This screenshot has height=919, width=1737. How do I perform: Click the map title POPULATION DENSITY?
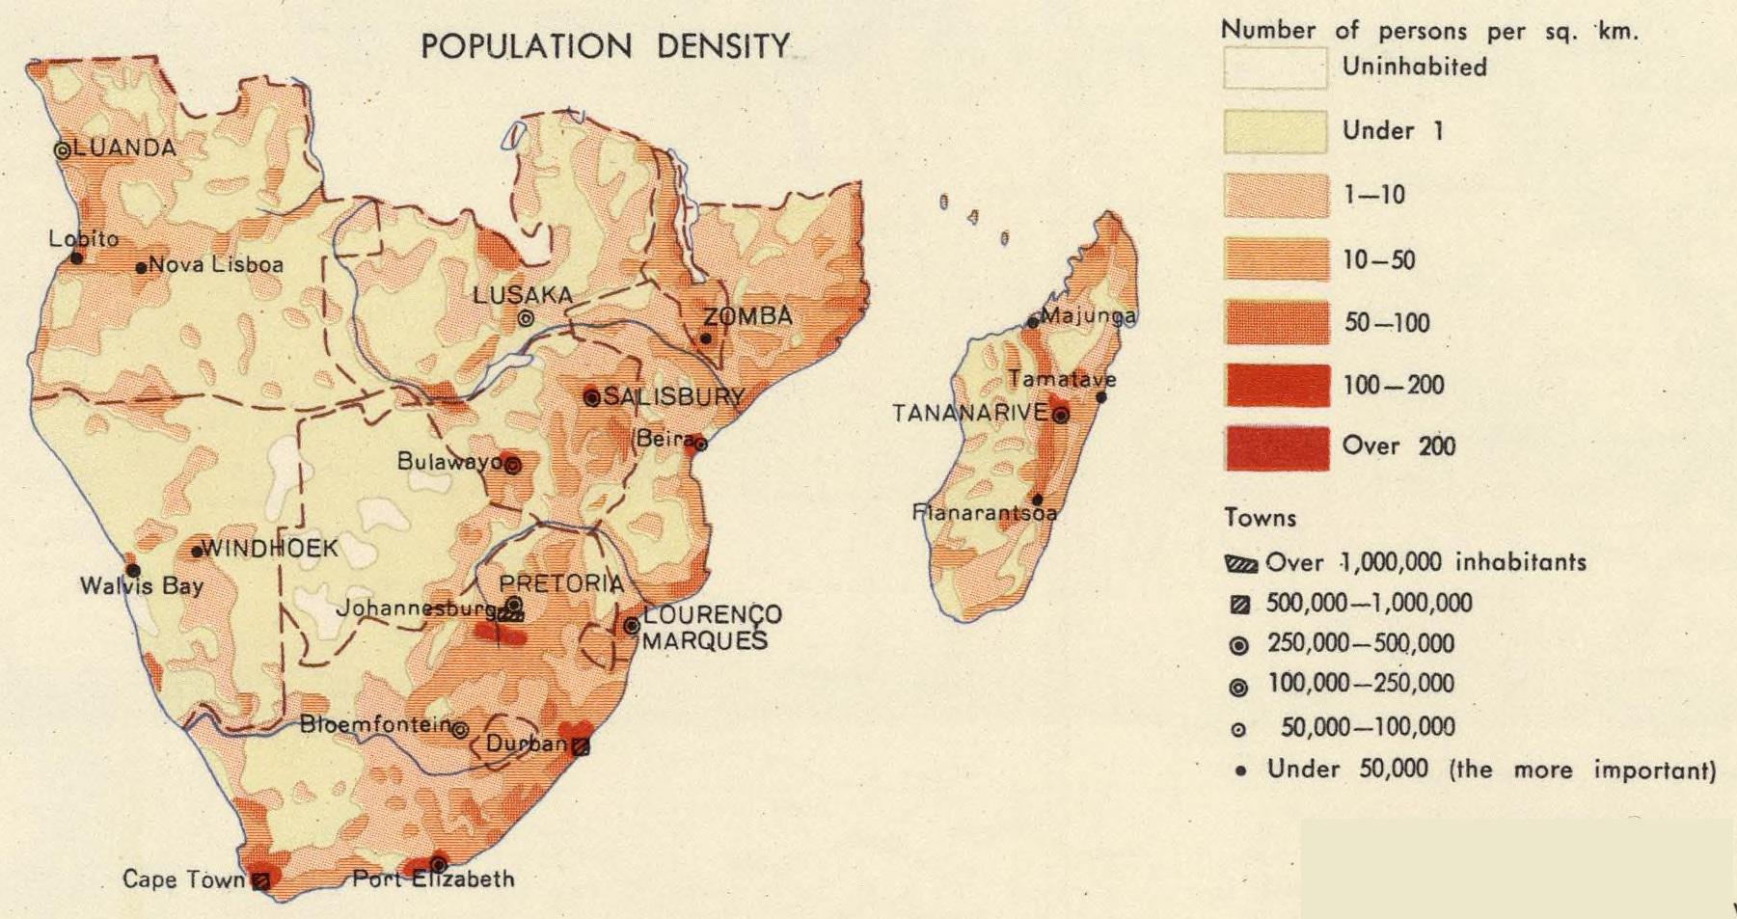[x=606, y=46]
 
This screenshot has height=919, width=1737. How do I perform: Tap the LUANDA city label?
[x=123, y=149]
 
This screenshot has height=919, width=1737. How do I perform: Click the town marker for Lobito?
[x=77, y=257]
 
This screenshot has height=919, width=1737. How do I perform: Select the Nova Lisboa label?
[x=216, y=265]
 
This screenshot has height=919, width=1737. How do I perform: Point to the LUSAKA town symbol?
[x=526, y=317]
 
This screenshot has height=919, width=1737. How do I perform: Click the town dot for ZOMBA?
[x=706, y=338]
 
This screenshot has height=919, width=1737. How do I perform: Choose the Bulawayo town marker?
[x=513, y=465]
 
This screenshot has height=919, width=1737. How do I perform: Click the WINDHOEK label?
[x=270, y=549]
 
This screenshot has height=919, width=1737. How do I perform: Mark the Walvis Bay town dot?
[x=133, y=570]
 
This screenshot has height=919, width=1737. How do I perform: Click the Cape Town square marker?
[x=259, y=879]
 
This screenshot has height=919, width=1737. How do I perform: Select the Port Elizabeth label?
[x=433, y=879]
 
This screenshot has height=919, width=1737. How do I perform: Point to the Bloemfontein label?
[x=376, y=724]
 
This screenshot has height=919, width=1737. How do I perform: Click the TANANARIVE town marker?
[x=1061, y=416]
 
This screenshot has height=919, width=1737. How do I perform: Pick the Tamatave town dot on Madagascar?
[x=1101, y=396]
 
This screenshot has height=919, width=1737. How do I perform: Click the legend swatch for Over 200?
[x=1276, y=447]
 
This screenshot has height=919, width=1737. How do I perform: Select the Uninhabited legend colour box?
[x=1275, y=68]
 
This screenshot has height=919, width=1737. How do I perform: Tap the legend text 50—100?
[x=1386, y=323]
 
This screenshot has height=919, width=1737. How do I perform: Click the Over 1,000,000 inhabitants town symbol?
[x=1241, y=564]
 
